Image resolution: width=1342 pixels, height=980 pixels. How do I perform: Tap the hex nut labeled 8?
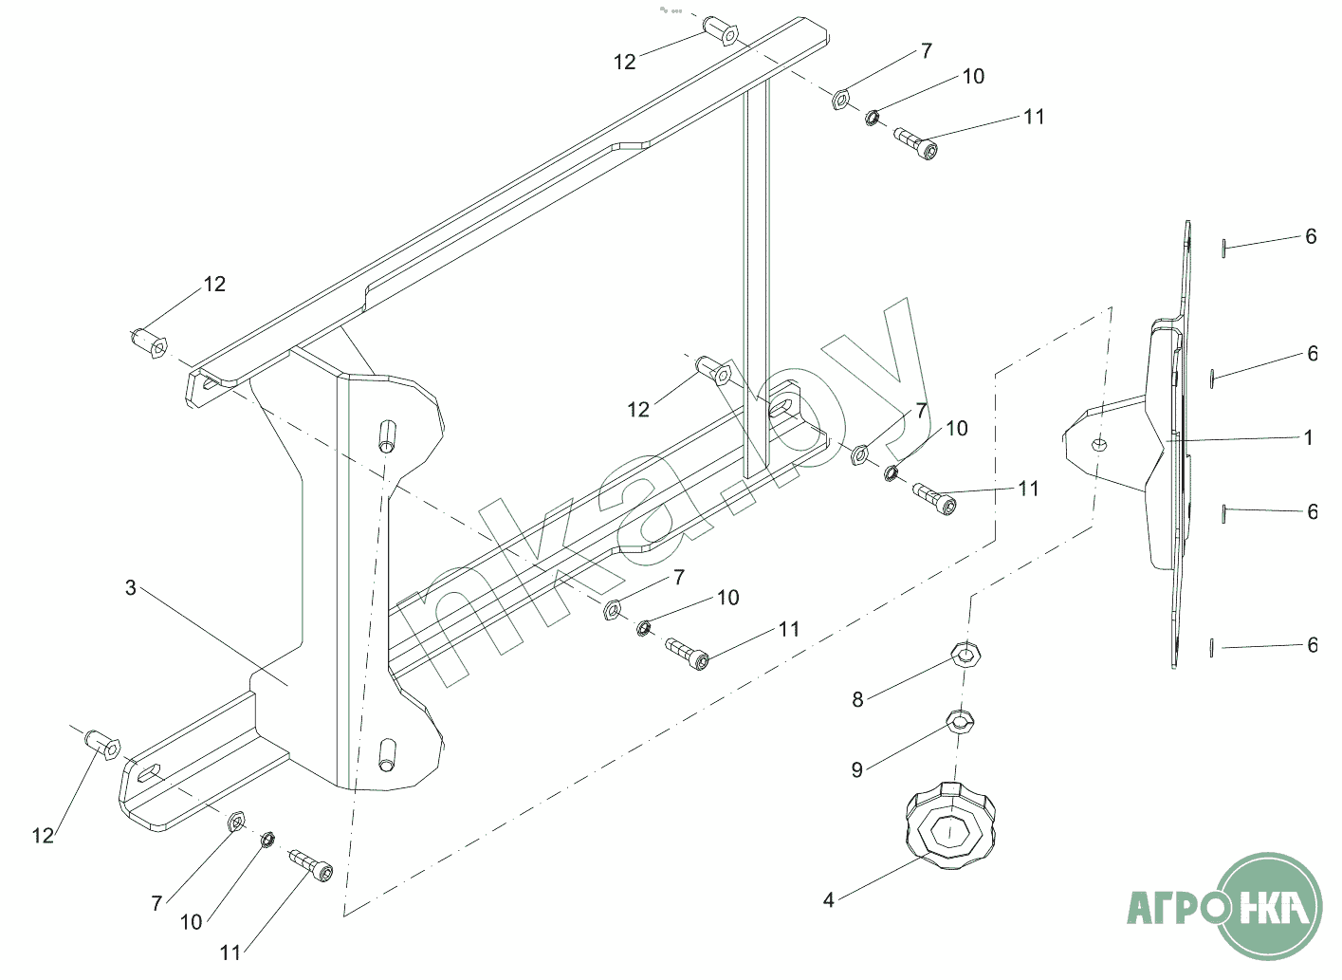click(x=965, y=654)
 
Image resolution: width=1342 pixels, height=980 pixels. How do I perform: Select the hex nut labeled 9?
click(x=961, y=721)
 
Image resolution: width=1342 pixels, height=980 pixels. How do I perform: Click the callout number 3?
click(x=131, y=588)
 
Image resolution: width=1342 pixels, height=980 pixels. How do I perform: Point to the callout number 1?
click(x=1309, y=437)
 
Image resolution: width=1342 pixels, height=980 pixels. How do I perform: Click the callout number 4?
click(x=829, y=899)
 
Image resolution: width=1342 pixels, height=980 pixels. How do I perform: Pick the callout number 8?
click(x=858, y=699)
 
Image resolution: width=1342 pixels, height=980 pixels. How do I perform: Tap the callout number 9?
click(x=857, y=770)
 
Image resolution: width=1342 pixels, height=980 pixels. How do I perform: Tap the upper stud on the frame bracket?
click(x=388, y=436)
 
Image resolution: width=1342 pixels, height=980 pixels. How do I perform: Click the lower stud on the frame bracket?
click(x=387, y=755)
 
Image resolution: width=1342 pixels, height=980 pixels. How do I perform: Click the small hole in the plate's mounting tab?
click(x=1099, y=444)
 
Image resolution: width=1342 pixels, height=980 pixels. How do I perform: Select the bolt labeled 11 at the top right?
click(x=915, y=143)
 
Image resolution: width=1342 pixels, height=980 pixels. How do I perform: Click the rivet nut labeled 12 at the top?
click(x=721, y=30)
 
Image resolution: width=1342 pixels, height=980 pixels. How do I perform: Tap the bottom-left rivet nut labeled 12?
click(x=104, y=746)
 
